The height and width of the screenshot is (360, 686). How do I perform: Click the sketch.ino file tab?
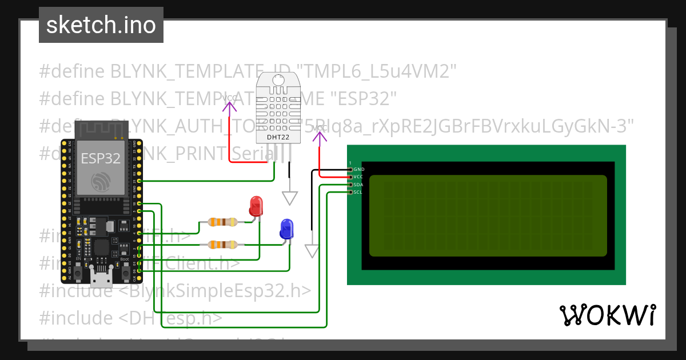[x=101, y=25]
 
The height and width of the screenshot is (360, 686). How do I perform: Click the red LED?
[x=256, y=206]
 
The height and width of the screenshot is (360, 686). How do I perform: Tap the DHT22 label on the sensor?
[x=277, y=137]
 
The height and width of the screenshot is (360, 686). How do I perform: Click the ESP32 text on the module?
[x=101, y=158]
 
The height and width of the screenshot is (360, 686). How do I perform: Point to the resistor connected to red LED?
[x=222, y=222]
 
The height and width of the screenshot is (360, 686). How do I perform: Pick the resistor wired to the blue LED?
[x=222, y=245]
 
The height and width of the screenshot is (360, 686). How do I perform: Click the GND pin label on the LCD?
[x=359, y=170]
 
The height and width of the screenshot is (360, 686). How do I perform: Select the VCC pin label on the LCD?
[x=358, y=177]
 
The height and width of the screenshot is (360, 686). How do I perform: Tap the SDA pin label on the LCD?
[x=358, y=185]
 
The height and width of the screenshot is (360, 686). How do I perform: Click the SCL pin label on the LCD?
[x=358, y=192]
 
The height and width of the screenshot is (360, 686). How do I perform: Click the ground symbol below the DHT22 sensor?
[x=290, y=198]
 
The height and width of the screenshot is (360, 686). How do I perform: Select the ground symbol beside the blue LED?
[x=312, y=251]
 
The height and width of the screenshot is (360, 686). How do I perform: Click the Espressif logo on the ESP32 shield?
[x=101, y=182]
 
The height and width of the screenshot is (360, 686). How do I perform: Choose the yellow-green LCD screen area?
[x=488, y=215]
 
